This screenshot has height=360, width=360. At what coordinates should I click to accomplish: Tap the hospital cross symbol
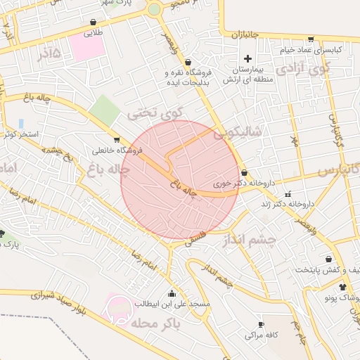[247, 58]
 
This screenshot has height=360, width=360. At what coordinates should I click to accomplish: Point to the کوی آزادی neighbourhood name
[302, 70]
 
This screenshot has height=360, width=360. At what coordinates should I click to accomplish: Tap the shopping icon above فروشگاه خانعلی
[116, 139]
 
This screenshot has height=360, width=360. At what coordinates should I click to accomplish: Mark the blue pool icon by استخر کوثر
[21, 124]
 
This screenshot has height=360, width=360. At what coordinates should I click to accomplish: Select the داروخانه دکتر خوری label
[243, 183]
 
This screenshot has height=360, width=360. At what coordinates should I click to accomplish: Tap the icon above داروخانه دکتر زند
[288, 194]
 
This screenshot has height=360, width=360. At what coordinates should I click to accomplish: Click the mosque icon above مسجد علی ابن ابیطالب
[172, 292]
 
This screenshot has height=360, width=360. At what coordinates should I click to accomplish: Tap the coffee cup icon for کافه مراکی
[261, 324]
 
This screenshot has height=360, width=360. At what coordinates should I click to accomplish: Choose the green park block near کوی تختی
[105, 111]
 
